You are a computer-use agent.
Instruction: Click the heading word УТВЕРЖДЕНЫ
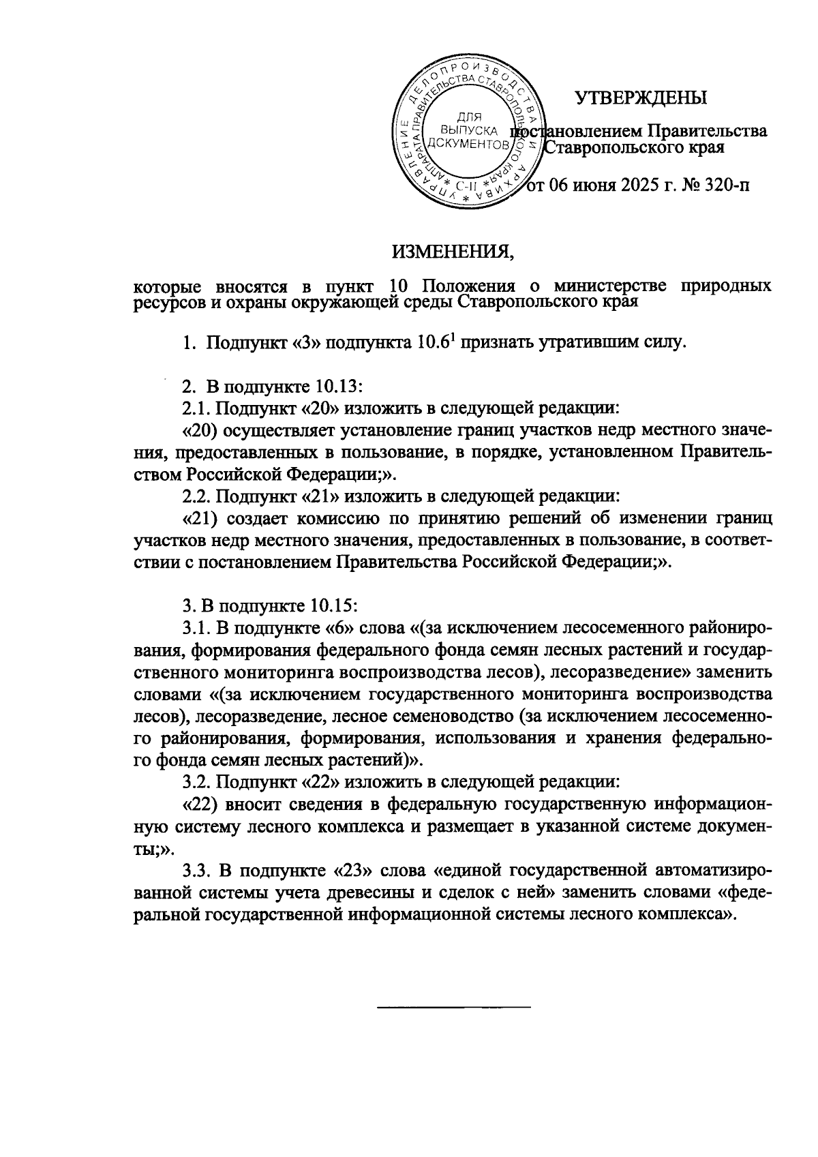pyautogui.click(x=640, y=98)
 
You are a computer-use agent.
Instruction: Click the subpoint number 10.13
pyautogui.click(x=337, y=387)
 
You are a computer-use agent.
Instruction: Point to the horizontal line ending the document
pyautogui.click(x=453, y=1006)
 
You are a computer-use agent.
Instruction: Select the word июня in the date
pyautogui.click(x=593, y=185)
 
